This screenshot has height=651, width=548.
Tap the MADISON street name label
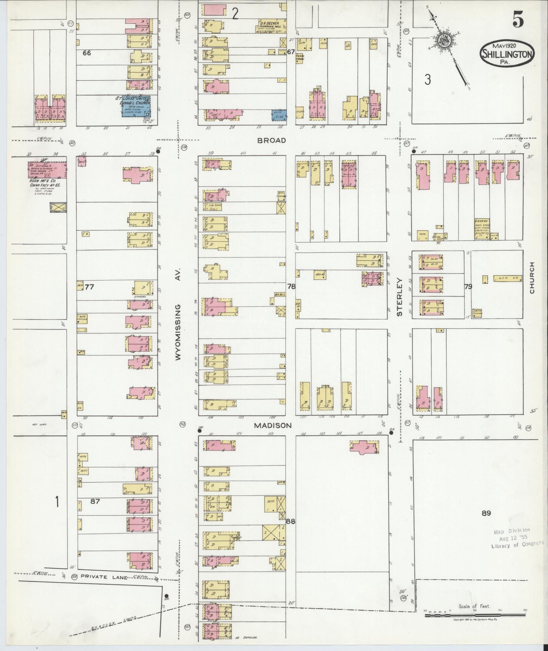click(x=272, y=425)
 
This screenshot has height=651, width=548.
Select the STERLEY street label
click(x=399, y=297)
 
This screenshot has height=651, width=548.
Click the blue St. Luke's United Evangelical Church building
click(x=136, y=106)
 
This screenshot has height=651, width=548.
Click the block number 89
click(x=486, y=513)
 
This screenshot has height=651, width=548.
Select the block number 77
click(x=89, y=287)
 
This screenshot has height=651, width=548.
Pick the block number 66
click(x=87, y=53)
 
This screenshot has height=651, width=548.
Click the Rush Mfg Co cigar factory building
click(x=47, y=169)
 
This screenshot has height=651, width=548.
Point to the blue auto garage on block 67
click(x=279, y=115)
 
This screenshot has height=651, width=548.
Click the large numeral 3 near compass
click(x=427, y=80)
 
